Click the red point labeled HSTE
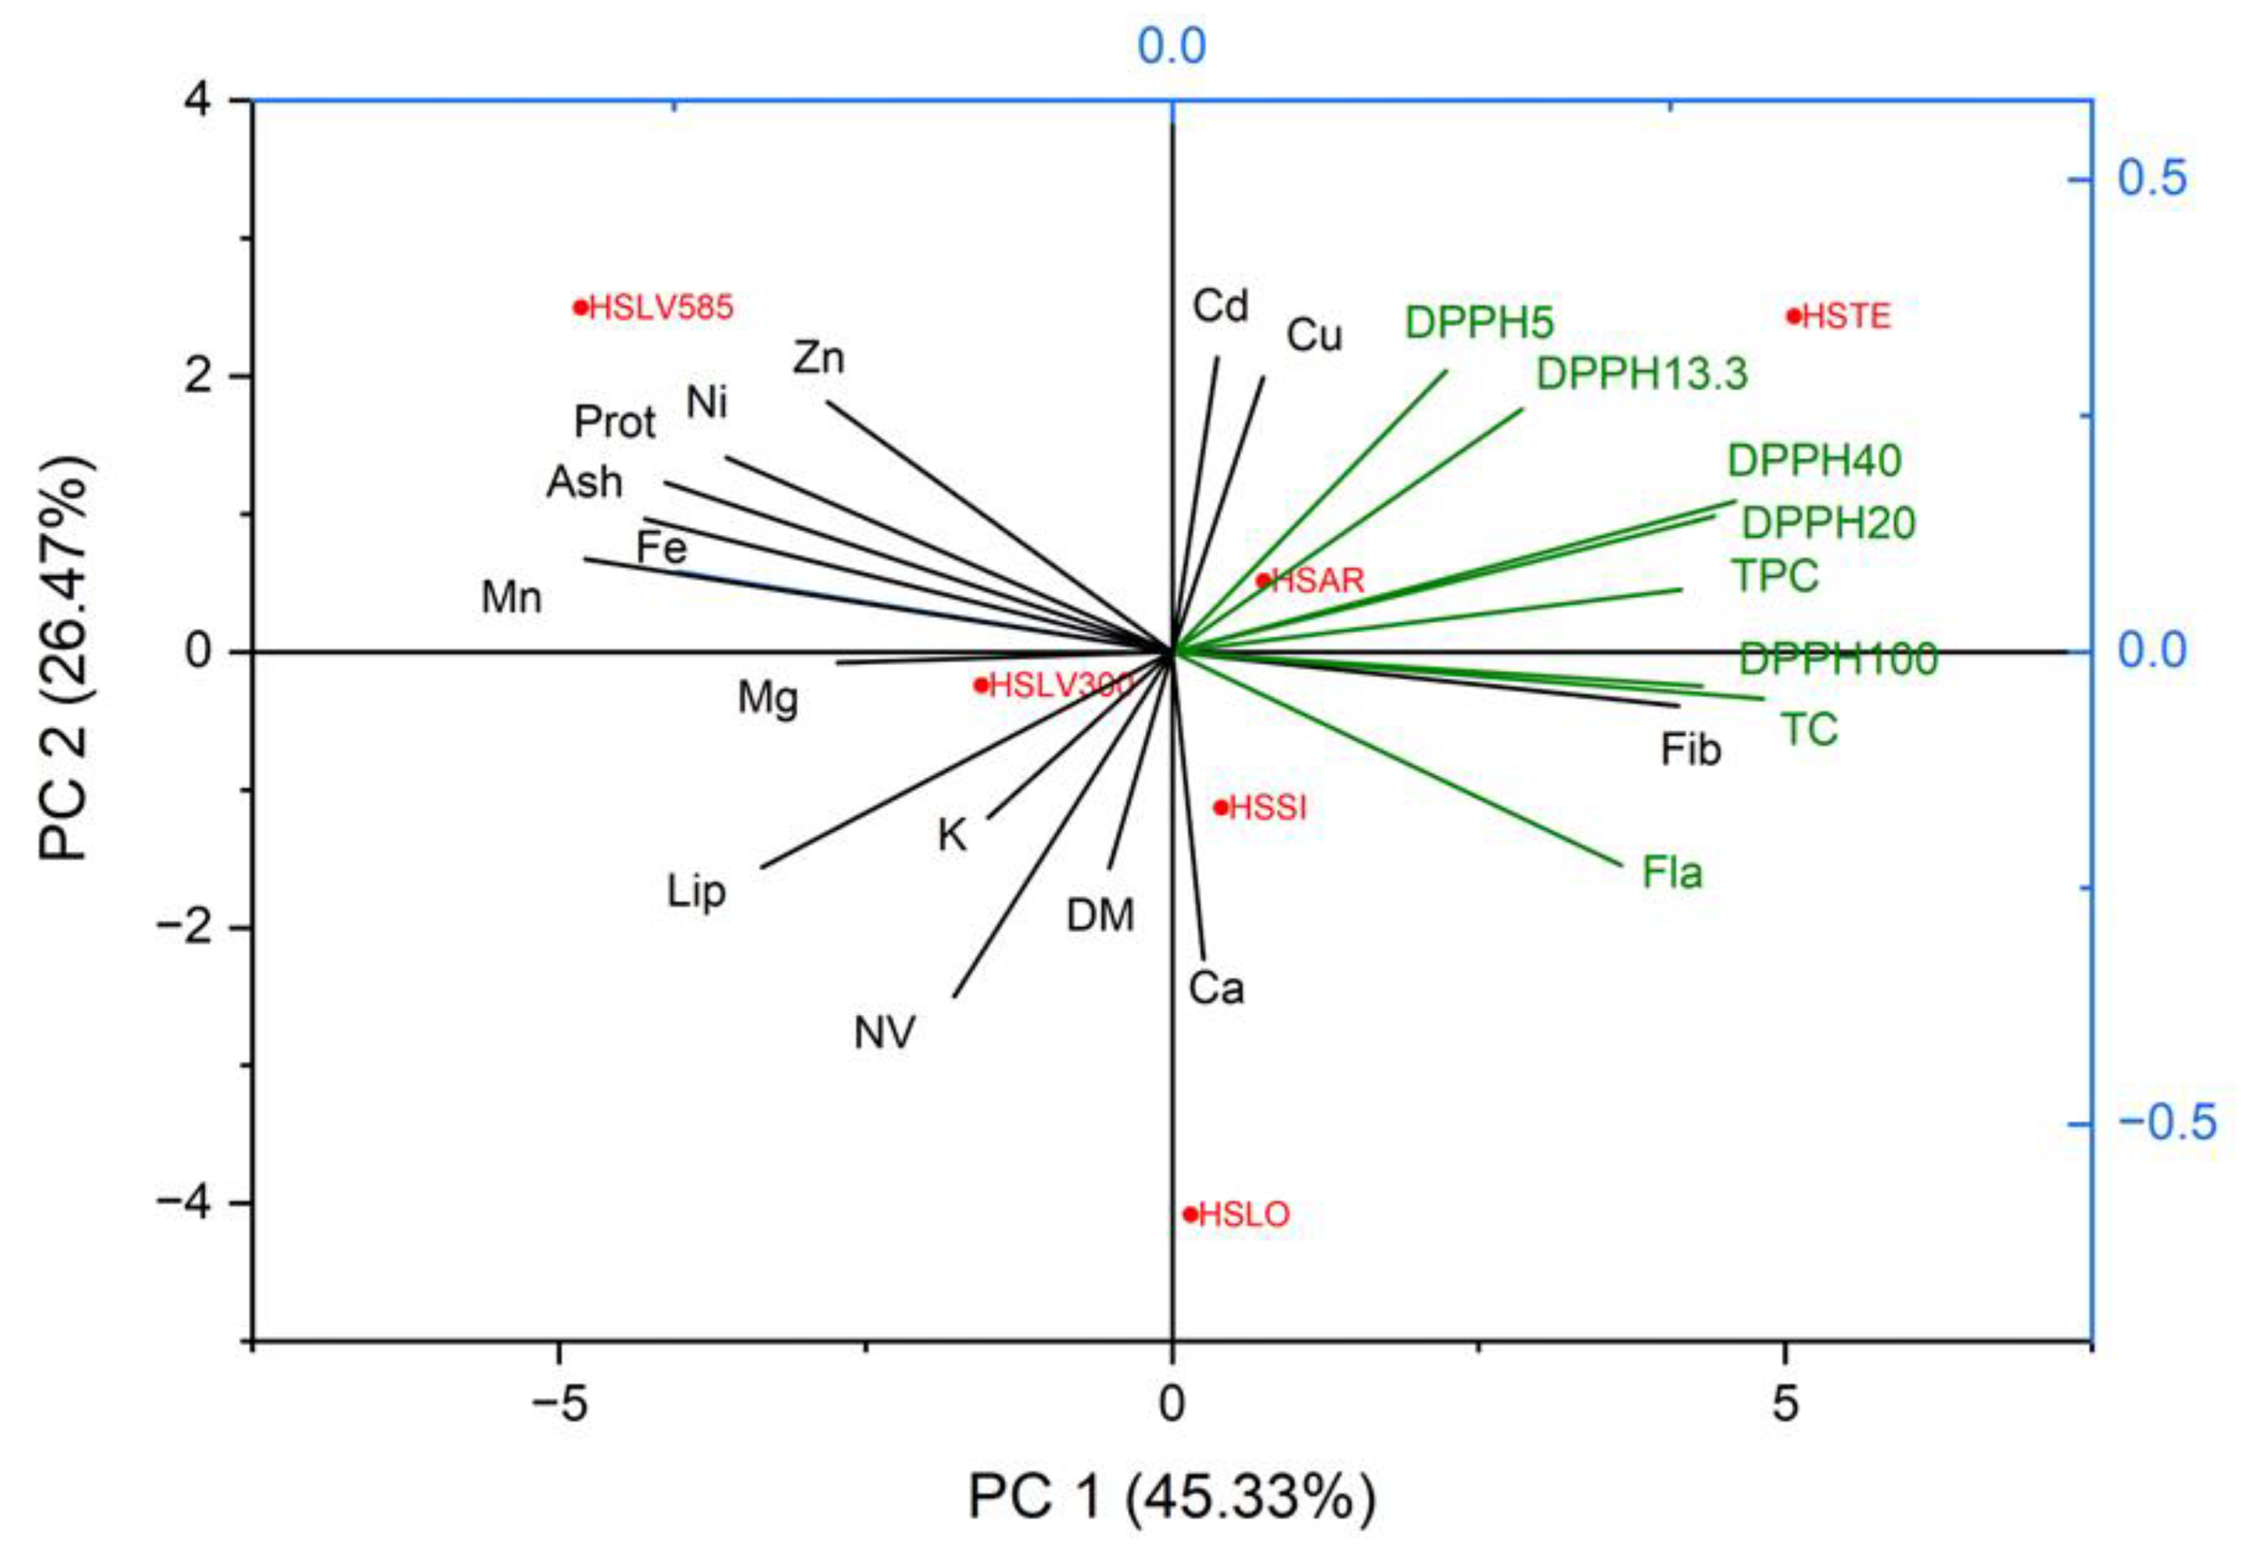coord(1793,316)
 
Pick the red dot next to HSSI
coord(1221,807)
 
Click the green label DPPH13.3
coord(1642,374)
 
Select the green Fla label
coord(1672,873)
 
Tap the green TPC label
coord(1775,576)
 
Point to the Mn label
coord(511,598)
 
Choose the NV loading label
coord(883,1034)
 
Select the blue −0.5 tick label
coord(2166,1123)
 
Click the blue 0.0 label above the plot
coord(1172,46)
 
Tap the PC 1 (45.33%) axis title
coord(1172,1497)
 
